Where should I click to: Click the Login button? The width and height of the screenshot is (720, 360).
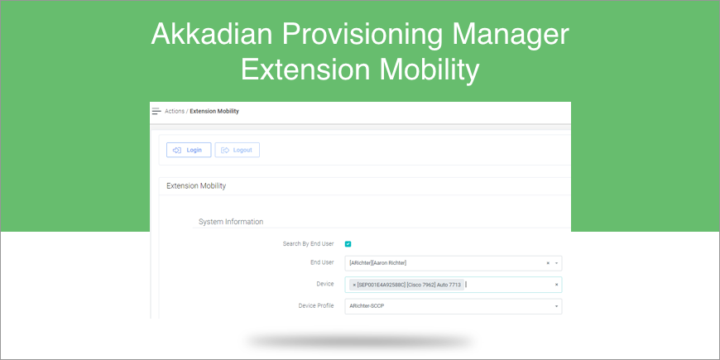pyautogui.click(x=189, y=150)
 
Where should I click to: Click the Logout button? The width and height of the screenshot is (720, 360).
pyautogui.click(x=238, y=150)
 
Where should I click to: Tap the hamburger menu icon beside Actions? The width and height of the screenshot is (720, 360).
pyautogui.click(x=156, y=111)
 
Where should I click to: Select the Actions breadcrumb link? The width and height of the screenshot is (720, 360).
pyautogui.click(x=175, y=111)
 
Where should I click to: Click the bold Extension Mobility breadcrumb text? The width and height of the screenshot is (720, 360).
pyautogui.click(x=214, y=111)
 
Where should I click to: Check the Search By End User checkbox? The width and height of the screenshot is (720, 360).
pyautogui.click(x=348, y=244)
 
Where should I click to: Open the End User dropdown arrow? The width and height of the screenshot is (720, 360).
pyautogui.click(x=556, y=263)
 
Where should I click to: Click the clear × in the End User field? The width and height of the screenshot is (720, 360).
pyautogui.click(x=548, y=263)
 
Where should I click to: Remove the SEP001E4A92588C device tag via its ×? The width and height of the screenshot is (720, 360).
pyautogui.click(x=354, y=286)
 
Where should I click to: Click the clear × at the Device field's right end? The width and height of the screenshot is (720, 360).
pyautogui.click(x=556, y=285)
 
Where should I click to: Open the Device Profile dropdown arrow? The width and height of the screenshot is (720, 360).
pyautogui.click(x=556, y=306)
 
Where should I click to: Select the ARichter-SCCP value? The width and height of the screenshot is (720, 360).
pyautogui.click(x=367, y=306)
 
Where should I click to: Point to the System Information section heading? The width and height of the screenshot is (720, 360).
pyautogui.click(x=231, y=222)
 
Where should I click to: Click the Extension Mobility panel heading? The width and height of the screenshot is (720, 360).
pyautogui.click(x=196, y=186)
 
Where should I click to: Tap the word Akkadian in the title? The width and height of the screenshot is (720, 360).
pyautogui.click(x=212, y=35)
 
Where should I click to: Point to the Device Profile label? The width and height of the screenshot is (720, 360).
pyautogui.click(x=316, y=306)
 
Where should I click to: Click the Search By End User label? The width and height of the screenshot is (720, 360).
pyautogui.click(x=308, y=244)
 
